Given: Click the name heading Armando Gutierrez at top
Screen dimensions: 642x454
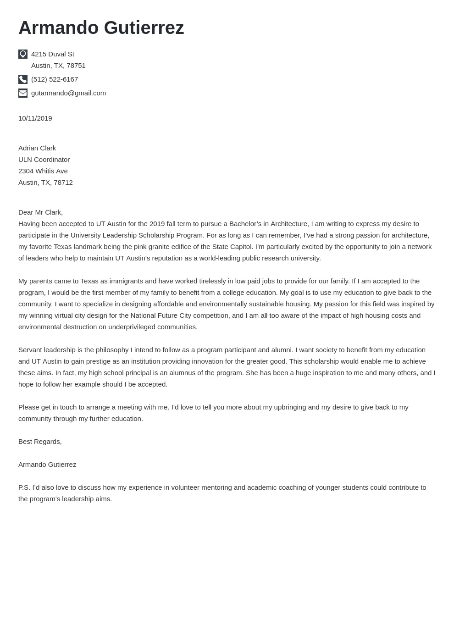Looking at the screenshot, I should pos(101,28).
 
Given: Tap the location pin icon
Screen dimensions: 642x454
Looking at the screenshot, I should pos(23,54).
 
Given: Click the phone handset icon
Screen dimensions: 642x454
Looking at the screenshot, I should pos(23,79).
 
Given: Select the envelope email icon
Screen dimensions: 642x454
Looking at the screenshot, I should pos(23,93).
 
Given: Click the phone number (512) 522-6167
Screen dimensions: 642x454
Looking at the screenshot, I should pos(55,79).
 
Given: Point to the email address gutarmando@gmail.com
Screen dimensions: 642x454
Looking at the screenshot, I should pos(68,93).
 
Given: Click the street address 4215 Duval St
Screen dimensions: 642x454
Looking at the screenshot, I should pos(53,54).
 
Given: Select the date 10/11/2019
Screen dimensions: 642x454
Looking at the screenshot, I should pos(35,118).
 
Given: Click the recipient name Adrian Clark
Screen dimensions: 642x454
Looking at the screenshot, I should pos(37,148).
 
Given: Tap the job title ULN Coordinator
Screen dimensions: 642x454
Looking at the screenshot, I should pos(44,160).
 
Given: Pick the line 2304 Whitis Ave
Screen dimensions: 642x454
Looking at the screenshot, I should pos(43,171).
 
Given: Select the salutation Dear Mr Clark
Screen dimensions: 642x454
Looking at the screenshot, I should pos(40,212).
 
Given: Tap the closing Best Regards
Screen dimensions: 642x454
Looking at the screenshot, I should pos(40,442).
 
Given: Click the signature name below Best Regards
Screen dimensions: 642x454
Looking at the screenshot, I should pos(47,465).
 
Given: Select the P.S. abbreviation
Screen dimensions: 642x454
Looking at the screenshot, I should pos(24,487).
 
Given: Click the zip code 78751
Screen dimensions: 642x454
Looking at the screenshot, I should pos(76,66).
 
